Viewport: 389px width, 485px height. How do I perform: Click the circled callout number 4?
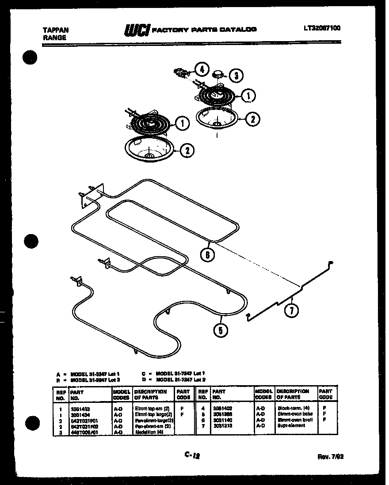(x=202, y=69)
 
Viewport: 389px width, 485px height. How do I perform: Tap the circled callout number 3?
(x=236, y=76)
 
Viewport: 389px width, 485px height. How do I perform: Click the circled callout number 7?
(x=291, y=311)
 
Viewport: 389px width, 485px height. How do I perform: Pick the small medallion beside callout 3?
(x=218, y=73)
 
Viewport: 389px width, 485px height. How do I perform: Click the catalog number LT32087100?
(x=322, y=28)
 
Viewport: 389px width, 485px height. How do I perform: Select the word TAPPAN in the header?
(x=56, y=30)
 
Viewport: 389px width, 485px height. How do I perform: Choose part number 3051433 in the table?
(x=80, y=409)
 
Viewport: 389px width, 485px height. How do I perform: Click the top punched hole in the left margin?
(x=30, y=58)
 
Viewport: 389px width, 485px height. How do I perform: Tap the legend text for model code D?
(x=177, y=379)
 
